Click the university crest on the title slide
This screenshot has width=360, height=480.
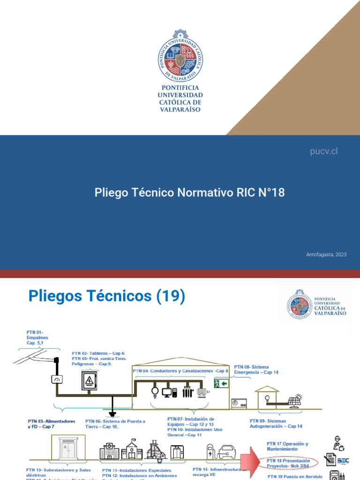180,56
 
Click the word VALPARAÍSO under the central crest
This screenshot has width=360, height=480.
180,109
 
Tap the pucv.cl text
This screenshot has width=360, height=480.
324,151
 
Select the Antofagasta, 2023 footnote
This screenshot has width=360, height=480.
326,255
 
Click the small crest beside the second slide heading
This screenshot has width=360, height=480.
300,304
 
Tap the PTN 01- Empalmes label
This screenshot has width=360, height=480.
37,337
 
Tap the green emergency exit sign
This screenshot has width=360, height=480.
221,384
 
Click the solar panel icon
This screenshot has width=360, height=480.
295,400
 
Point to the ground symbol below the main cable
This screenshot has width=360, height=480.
112,414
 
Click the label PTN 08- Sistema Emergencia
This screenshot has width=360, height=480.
256,369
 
